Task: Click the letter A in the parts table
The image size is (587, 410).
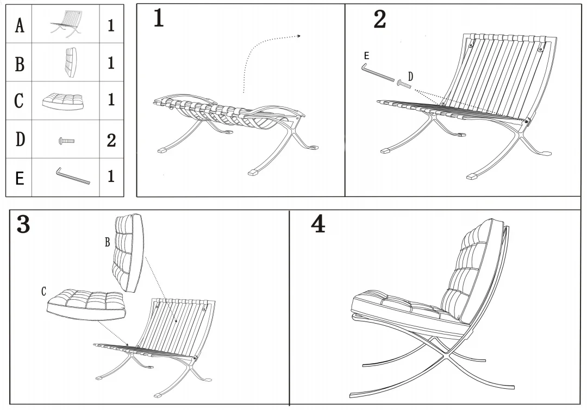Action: pyautogui.click(x=20, y=25)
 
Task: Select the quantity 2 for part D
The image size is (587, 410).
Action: pyautogui.click(x=111, y=140)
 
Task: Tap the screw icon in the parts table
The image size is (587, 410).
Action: pyautogui.click(x=66, y=141)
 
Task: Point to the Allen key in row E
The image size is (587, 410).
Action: pyautogui.click(x=73, y=176)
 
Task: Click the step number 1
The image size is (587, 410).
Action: pyautogui.click(x=158, y=18)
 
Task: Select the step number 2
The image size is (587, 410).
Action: pyautogui.click(x=380, y=20)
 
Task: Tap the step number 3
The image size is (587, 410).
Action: pyautogui.click(x=23, y=224)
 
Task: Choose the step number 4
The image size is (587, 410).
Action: pyautogui.click(x=318, y=224)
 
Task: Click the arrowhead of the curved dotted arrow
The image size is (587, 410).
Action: pyautogui.click(x=298, y=36)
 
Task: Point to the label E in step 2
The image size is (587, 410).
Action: pyautogui.click(x=366, y=56)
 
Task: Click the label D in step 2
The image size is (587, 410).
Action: pyautogui.click(x=410, y=77)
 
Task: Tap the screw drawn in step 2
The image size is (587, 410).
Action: pyautogui.click(x=403, y=84)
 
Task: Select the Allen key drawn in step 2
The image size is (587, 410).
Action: pyautogui.click(x=377, y=73)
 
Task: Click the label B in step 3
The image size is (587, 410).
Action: pyautogui.click(x=108, y=242)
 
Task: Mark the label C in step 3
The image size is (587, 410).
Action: pyautogui.click(x=43, y=292)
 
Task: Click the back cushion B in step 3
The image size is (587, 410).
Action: pyautogui.click(x=128, y=253)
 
